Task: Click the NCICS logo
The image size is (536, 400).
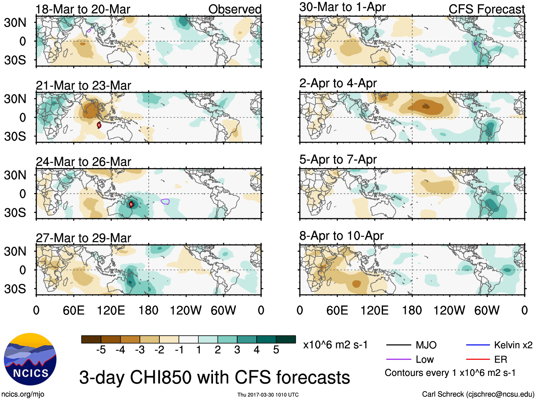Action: click(30, 359)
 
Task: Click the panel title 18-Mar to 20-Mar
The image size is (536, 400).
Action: click(83, 9)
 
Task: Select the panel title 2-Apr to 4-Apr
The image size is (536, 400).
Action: click(338, 83)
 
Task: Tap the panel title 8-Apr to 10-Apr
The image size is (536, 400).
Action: click(341, 236)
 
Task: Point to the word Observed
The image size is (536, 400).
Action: click(235, 9)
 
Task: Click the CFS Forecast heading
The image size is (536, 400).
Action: click(486, 9)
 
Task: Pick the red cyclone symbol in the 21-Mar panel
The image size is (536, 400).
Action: click(99, 125)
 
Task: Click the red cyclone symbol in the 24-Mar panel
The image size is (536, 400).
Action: click(131, 204)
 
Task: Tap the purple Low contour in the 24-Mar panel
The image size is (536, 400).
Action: click(165, 202)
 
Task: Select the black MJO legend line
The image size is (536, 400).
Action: click(398, 345)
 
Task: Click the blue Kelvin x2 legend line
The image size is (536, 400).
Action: click(477, 345)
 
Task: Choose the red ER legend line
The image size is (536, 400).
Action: click(477, 360)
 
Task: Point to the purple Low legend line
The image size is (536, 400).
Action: click(398, 360)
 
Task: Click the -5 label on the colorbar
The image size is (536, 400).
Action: click(101, 350)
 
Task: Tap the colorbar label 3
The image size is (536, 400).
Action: click(237, 350)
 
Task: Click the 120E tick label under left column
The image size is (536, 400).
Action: click(111, 311)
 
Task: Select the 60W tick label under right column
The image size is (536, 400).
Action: click(487, 311)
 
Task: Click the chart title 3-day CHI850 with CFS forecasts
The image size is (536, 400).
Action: click(214, 377)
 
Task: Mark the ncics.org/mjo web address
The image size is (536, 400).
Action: click(23, 394)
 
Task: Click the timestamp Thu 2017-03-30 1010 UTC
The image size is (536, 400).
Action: click(268, 395)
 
